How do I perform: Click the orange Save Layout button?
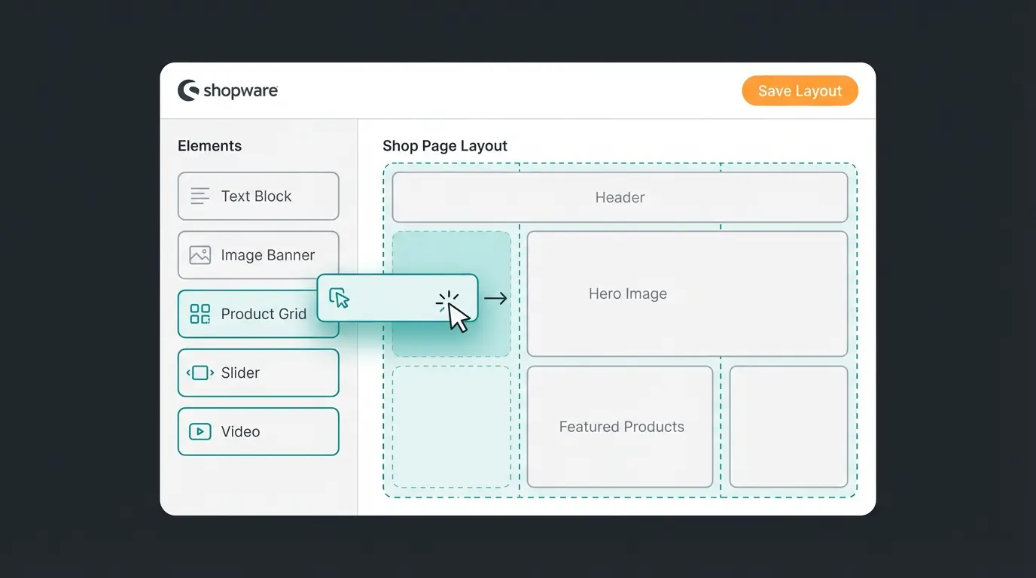pyautogui.click(x=800, y=91)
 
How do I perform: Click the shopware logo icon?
pyautogui.click(x=188, y=90)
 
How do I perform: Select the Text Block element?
pyautogui.click(x=258, y=196)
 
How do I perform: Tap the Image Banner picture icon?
pyautogui.click(x=200, y=255)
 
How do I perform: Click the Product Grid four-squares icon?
pyautogui.click(x=200, y=314)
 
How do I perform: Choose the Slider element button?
pyautogui.click(x=258, y=373)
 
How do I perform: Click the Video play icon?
pyautogui.click(x=200, y=431)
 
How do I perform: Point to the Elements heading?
pyautogui.click(x=209, y=146)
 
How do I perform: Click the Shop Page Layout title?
pyautogui.click(x=445, y=146)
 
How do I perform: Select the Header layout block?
pyautogui.click(x=620, y=197)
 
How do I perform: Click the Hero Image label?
pyautogui.click(x=628, y=294)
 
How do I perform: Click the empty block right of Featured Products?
pyautogui.click(x=788, y=427)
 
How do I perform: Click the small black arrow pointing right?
pyautogui.click(x=495, y=299)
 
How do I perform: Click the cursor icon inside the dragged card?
pyautogui.click(x=340, y=298)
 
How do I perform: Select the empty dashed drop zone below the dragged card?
pyautogui.click(x=451, y=427)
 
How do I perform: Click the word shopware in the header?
pyautogui.click(x=240, y=91)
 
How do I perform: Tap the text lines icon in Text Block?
pyautogui.click(x=200, y=196)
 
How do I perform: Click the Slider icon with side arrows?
pyautogui.click(x=200, y=373)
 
